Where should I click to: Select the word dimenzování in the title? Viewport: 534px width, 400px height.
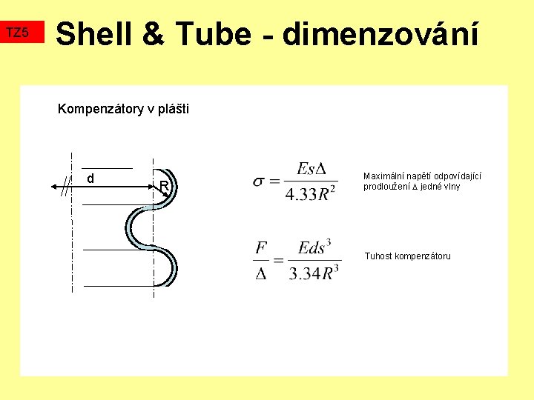pyautogui.click(x=380, y=34)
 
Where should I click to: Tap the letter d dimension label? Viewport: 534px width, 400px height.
pyautogui.click(x=90, y=179)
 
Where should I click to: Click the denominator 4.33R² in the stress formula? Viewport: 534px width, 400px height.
pyautogui.click(x=311, y=194)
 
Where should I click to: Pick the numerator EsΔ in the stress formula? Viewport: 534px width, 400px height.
pyautogui.click(x=311, y=169)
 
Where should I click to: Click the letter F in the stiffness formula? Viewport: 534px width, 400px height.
pyautogui.click(x=261, y=248)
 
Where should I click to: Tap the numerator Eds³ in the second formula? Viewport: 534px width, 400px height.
pyautogui.click(x=314, y=247)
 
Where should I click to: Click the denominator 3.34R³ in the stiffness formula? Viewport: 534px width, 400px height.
pyautogui.click(x=314, y=273)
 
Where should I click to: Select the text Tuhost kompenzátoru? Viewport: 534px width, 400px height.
pyautogui.click(x=407, y=256)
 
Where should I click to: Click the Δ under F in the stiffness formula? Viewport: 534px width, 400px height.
pyautogui.click(x=261, y=273)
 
